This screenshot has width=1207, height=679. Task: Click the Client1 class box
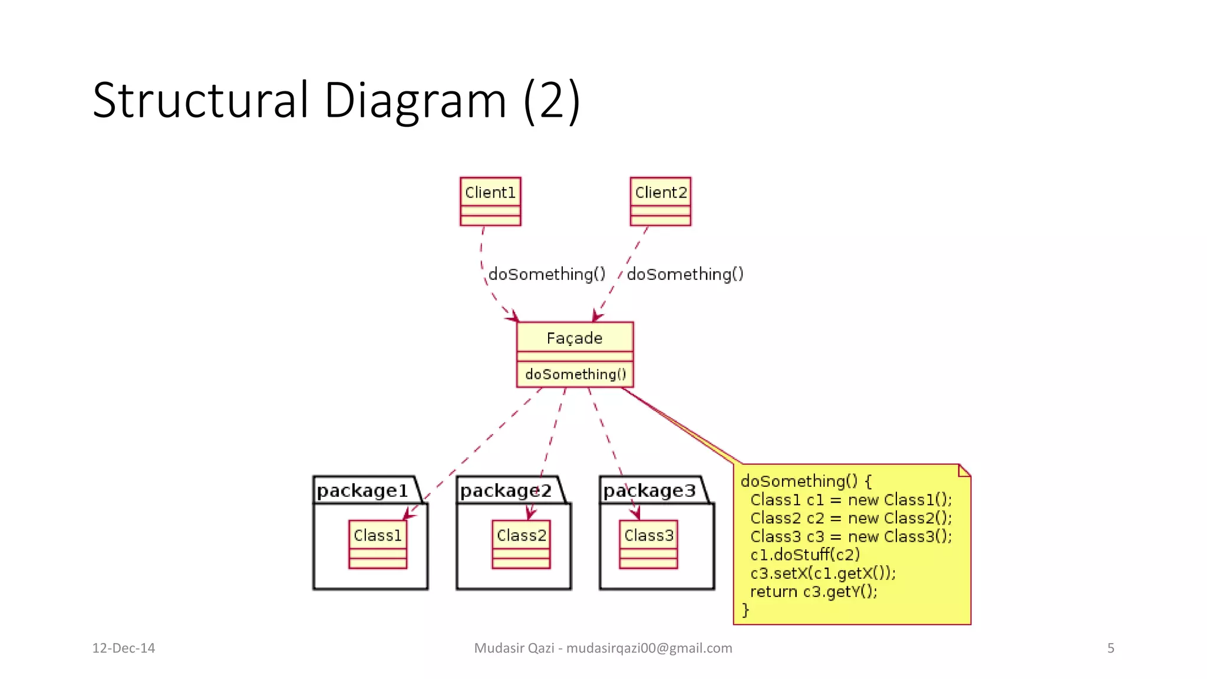pos(490,201)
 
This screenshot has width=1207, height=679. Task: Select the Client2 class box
pos(660,201)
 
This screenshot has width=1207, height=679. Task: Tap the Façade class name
pos(575,338)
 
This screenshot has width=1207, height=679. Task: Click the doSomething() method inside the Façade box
pos(575,374)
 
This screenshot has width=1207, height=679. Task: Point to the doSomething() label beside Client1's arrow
pos(547,274)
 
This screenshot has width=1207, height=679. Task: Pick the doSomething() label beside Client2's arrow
pos(685,274)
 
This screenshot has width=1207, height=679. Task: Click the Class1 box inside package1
pos(378,543)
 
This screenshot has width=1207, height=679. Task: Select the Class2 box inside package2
pos(521,543)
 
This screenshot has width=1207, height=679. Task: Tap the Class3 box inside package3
pos(648,543)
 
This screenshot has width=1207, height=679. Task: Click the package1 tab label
pos(362,490)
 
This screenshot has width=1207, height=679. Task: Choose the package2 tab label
pos(506,490)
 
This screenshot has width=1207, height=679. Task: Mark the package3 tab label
pos(649,490)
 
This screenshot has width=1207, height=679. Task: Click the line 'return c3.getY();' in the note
pos(813,591)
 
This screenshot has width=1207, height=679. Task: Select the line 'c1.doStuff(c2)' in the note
pos(804,555)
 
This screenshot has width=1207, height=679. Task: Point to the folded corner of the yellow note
pos(964,470)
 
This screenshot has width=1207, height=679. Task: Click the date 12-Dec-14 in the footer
pos(123,648)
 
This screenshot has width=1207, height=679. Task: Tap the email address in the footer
pos(649,648)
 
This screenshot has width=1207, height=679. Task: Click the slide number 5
pos(1110,648)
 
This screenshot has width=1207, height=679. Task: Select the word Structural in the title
pos(200,100)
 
